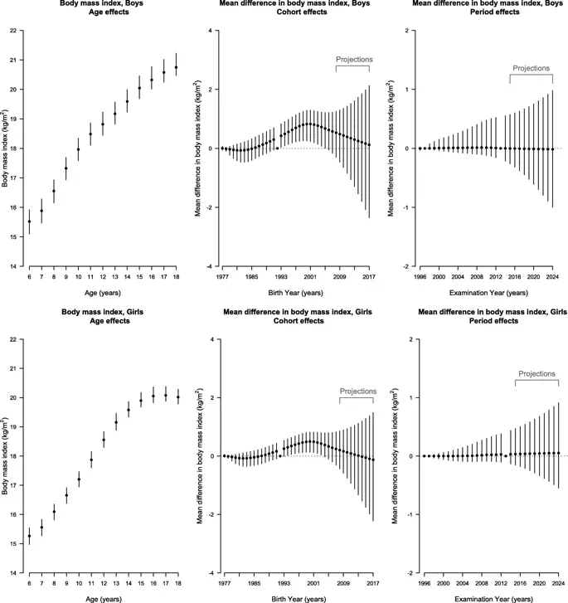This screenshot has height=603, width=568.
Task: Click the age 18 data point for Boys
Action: coord(176,67)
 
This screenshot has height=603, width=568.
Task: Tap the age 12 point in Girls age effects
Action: coord(104,440)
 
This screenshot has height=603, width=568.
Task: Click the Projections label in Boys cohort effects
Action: coord(354,60)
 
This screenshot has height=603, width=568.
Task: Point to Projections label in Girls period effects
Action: coord(536,374)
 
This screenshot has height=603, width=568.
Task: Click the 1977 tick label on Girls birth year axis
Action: coord(224,583)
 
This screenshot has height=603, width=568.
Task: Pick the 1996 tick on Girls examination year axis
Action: coord(425,583)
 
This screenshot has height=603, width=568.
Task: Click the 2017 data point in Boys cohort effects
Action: coord(369,145)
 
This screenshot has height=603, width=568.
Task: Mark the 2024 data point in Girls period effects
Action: coord(558,453)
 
